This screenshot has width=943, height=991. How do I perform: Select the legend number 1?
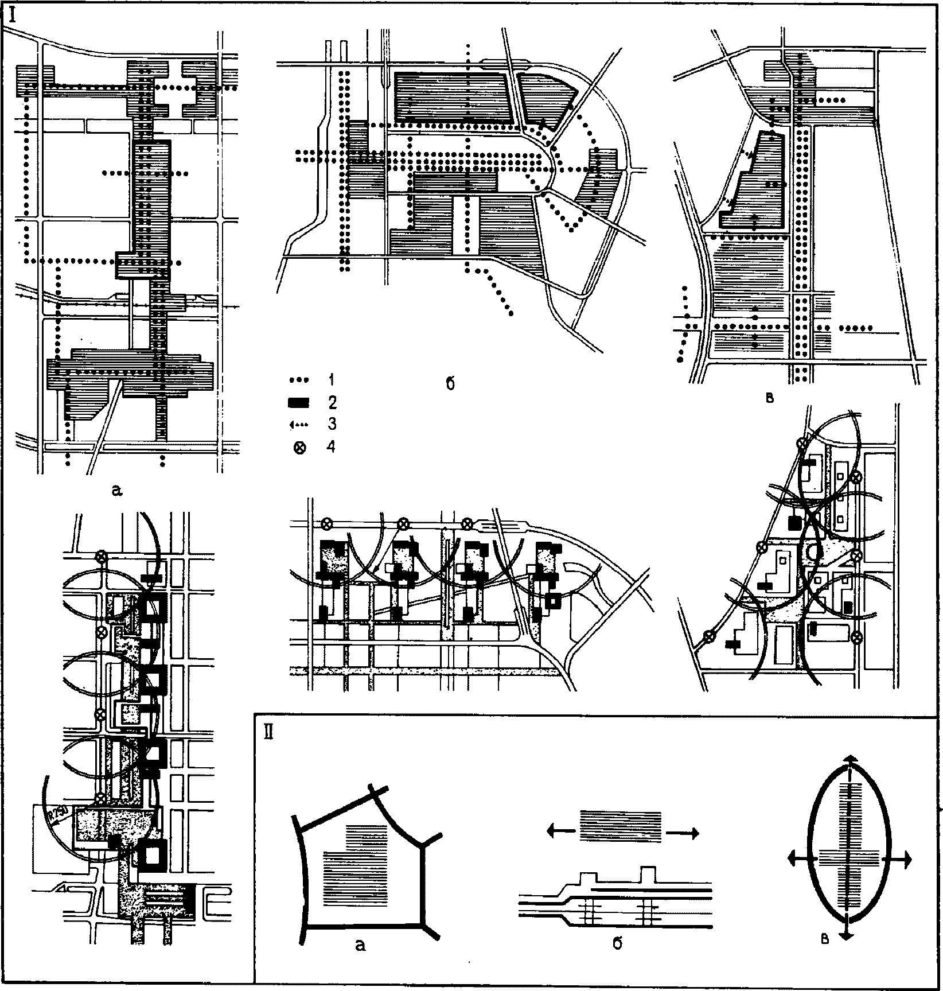(332, 379)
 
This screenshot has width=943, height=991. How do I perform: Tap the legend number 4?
(332, 446)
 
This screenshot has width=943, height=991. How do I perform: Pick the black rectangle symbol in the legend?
(298, 402)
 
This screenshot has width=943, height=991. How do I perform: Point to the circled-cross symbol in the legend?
(299, 448)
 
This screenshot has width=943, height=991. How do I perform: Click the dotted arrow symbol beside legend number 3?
(299, 425)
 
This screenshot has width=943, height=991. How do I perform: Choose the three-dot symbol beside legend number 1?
(299, 380)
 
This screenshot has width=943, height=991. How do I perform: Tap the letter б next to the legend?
(450, 384)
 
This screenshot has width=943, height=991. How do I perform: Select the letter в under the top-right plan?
(770, 398)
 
